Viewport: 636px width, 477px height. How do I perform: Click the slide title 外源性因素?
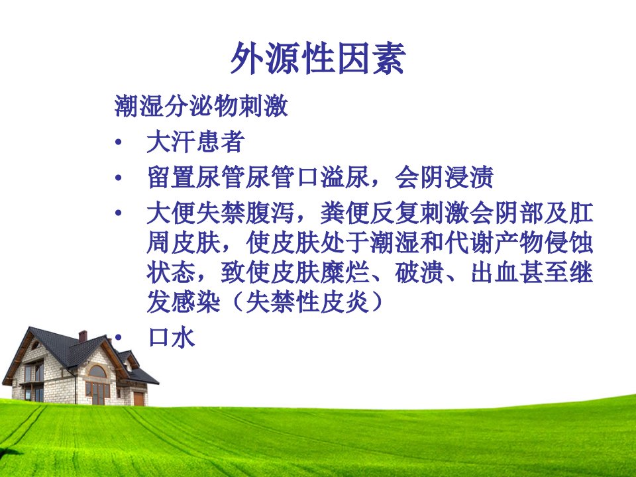click(318, 58)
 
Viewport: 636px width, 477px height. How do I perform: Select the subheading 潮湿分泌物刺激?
click(201, 106)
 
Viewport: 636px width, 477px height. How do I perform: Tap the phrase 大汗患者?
click(196, 142)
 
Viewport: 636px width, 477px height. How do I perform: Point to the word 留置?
click(171, 177)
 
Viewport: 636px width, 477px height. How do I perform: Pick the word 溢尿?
click(344, 177)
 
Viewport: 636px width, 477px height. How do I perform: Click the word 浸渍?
click(469, 177)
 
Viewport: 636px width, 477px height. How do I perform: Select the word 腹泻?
click(270, 213)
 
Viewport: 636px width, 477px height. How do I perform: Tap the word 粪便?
click(344, 213)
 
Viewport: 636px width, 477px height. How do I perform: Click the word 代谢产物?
click(494, 242)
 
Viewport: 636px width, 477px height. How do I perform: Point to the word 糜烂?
click(344, 272)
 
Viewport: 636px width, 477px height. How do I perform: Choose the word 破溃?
click(419, 272)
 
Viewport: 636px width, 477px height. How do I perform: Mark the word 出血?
click(495, 272)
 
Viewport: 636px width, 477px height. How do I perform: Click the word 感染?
click(196, 302)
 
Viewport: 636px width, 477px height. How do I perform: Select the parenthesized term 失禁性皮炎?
click(307, 302)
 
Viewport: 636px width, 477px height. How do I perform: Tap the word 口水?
click(171, 337)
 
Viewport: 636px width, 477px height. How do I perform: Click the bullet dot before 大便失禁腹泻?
click(119, 213)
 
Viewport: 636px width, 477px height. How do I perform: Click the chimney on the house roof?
click(83, 337)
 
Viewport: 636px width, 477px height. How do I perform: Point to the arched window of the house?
click(97, 371)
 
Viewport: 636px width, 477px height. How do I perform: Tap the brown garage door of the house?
click(138, 399)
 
